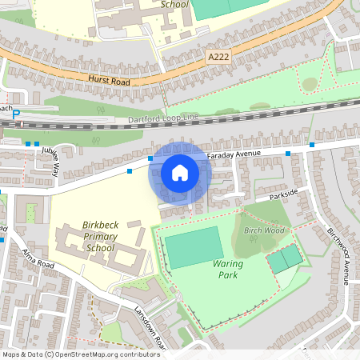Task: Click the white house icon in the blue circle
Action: pos(180,172)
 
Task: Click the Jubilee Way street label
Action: pos(56,161)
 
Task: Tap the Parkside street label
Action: pos(283,193)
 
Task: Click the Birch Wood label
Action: pos(264,230)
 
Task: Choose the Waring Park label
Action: pos(229,269)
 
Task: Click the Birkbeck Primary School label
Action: pos(100,236)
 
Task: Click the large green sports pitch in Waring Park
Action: pos(193,247)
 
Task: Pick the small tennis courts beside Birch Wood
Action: pos(285,258)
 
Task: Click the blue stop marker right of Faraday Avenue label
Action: pos(311,145)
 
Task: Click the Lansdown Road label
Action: pos(149,328)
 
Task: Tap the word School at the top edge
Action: pos(174,4)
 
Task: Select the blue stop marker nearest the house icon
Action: pos(150,158)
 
